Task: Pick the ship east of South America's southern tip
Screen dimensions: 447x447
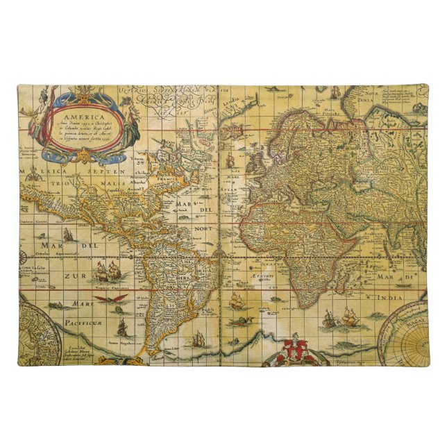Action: (x=199, y=339)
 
